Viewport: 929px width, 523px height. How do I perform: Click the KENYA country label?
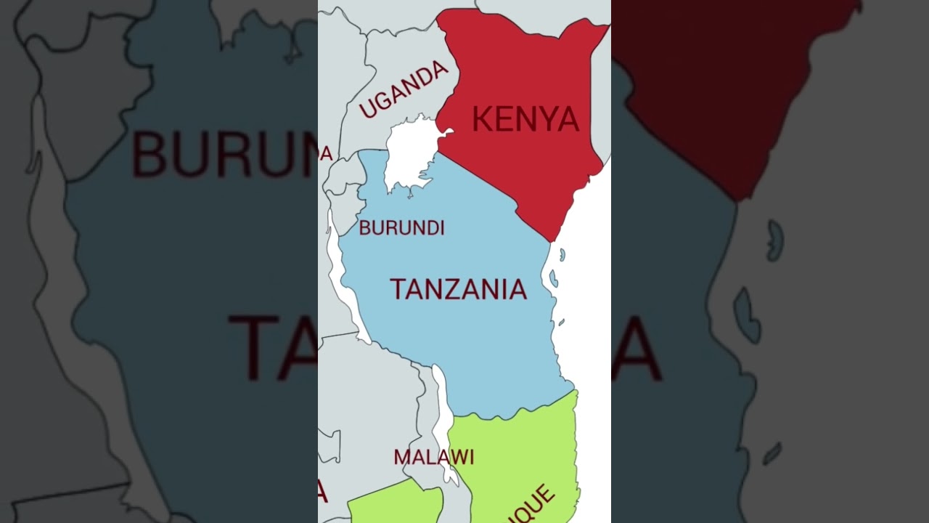point(525,119)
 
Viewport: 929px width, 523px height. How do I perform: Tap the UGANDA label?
point(404,89)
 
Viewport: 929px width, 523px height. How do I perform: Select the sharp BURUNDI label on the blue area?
point(401,228)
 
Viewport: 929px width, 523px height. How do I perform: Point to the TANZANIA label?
point(458,289)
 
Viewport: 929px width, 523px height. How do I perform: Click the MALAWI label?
point(433,457)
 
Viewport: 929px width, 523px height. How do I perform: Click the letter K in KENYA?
point(483,119)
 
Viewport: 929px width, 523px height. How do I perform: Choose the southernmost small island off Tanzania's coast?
point(560,322)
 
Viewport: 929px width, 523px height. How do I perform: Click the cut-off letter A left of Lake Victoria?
point(327,154)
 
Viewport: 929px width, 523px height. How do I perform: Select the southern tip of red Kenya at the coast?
point(553,238)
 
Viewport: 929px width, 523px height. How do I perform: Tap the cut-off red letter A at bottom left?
point(322,492)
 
